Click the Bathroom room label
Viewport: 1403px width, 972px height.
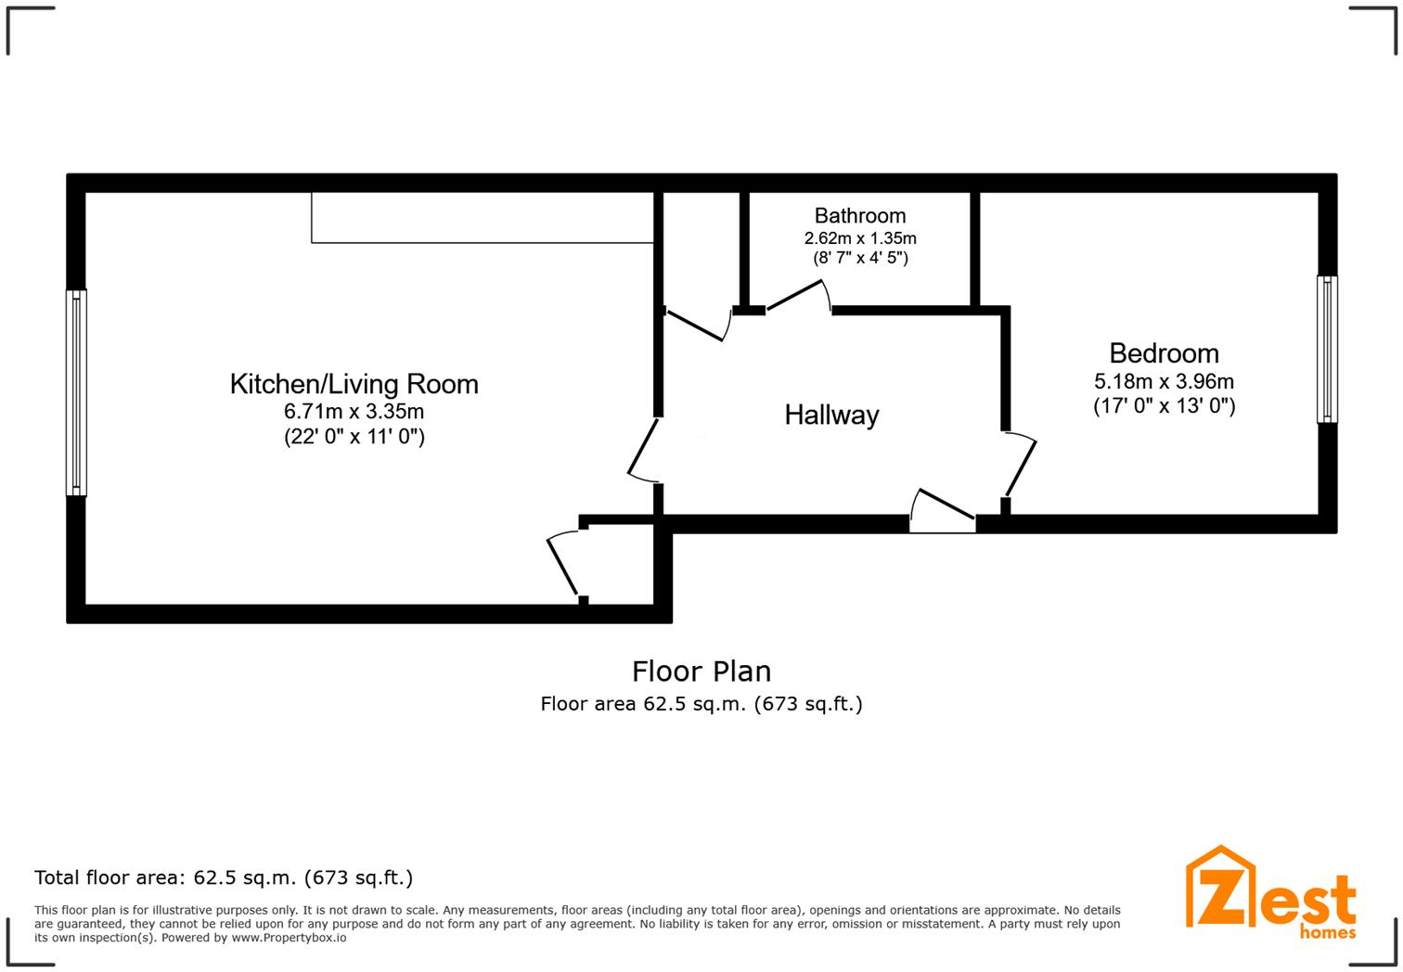(859, 216)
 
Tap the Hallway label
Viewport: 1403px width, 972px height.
(831, 415)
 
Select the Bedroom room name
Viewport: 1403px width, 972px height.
(1164, 353)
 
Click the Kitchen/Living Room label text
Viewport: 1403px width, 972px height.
(354, 384)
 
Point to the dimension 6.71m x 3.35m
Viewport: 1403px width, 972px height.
(354, 411)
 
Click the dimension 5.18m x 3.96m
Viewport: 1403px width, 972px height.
(1164, 381)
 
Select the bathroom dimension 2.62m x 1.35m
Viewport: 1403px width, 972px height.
(859, 238)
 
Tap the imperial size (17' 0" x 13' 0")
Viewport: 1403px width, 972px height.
(1164, 406)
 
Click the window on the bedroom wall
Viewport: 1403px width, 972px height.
(1327, 349)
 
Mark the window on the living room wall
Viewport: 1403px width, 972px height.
(76, 392)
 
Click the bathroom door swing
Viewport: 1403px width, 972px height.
(799, 296)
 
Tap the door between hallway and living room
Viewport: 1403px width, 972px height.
(643, 450)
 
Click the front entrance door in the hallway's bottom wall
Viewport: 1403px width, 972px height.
(942, 511)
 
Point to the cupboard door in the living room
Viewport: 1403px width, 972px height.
(563, 565)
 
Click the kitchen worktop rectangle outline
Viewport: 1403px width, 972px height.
(483, 218)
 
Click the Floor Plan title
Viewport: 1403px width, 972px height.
(701, 671)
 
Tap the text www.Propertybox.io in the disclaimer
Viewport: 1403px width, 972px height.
(289, 938)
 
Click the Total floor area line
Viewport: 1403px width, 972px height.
(224, 877)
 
